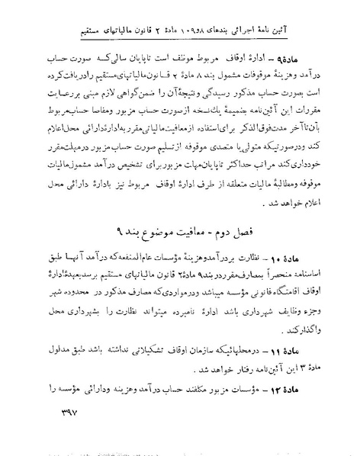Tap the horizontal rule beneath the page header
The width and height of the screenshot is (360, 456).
[x=180, y=28]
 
